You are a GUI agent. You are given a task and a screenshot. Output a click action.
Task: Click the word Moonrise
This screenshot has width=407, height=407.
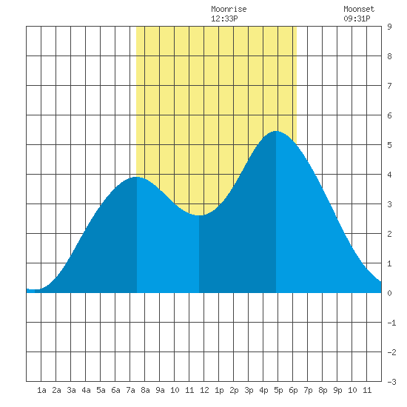tap(229, 9)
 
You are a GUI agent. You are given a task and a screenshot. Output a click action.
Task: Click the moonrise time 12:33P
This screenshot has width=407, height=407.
tap(224, 18)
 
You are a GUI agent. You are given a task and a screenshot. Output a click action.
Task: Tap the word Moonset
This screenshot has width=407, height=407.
tap(359, 9)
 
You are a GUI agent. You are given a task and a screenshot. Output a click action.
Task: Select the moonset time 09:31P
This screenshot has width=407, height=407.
tap(357, 18)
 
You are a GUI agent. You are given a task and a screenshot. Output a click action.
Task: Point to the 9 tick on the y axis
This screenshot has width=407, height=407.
tap(389, 27)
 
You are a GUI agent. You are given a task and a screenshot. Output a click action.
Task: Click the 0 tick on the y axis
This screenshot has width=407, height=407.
tap(389, 293)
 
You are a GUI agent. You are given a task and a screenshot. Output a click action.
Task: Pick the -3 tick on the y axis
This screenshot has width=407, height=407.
tap(391, 382)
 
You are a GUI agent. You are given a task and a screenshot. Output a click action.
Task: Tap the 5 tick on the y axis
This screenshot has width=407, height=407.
tap(389, 145)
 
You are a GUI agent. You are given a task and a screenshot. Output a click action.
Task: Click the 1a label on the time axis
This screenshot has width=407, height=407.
tap(41, 390)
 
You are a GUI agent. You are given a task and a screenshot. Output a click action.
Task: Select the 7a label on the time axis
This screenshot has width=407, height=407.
tap(130, 390)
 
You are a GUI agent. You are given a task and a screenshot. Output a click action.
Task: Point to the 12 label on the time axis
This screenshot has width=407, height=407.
tap(204, 390)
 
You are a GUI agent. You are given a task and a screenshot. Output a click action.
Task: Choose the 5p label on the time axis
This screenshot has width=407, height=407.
tap(278, 390)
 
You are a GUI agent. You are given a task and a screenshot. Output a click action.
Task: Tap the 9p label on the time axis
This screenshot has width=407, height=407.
tap(337, 390)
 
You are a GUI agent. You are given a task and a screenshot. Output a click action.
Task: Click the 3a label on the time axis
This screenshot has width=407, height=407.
tap(71, 390)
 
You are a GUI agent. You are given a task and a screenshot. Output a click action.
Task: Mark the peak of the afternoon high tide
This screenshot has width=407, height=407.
tap(276, 131)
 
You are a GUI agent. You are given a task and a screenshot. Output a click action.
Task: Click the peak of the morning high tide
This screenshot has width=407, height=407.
tap(137, 178)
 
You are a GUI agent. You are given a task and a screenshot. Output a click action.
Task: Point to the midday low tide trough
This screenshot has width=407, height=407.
tap(199, 215)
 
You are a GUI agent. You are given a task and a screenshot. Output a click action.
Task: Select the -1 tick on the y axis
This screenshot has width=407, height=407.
tap(391, 323)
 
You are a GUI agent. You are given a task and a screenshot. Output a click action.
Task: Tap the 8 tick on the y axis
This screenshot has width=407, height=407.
tap(389, 56)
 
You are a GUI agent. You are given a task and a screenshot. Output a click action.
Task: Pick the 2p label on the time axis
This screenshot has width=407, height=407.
tap(234, 390)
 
